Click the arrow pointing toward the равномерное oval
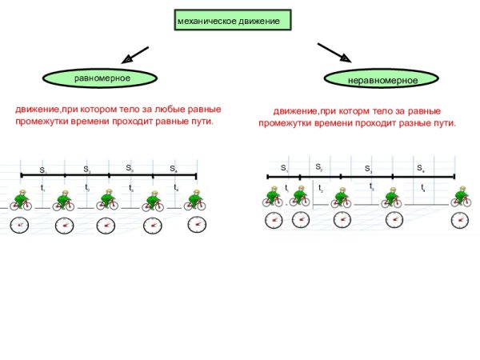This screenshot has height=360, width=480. tap(134, 56)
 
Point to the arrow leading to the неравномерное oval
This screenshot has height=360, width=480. tap(334, 53)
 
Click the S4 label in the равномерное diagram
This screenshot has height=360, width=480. tap(174, 169)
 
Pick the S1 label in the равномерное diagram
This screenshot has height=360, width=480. tap(43, 170)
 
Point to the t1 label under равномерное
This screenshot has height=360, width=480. tap(42, 188)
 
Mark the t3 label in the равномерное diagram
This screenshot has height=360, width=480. tap(131, 188)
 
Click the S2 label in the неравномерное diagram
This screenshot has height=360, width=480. tap(318, 166)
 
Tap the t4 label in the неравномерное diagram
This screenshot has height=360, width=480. tap(423, 187)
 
